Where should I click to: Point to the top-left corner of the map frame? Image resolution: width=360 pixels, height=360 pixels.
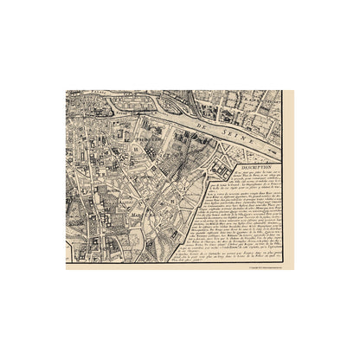point(67,90)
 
